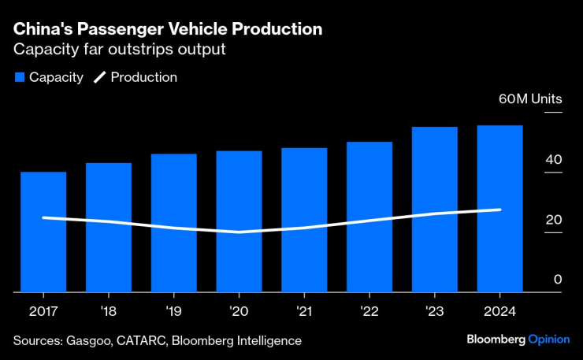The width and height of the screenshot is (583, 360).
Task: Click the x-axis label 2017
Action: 43,310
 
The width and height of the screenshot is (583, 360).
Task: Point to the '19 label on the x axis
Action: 173,310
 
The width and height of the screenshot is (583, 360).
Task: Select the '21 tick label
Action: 304,310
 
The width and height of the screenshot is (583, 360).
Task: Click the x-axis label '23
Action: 434,310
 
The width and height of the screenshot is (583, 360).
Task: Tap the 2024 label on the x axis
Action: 499,310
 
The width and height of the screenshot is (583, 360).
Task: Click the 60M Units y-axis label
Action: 530,99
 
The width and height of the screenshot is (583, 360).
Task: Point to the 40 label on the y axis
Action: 553,159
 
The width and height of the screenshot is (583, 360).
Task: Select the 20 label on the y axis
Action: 553,219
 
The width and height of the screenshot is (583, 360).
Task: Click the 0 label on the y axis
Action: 557,279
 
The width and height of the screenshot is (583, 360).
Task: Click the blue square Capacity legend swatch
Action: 19,77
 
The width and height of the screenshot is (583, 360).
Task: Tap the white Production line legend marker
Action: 100,77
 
